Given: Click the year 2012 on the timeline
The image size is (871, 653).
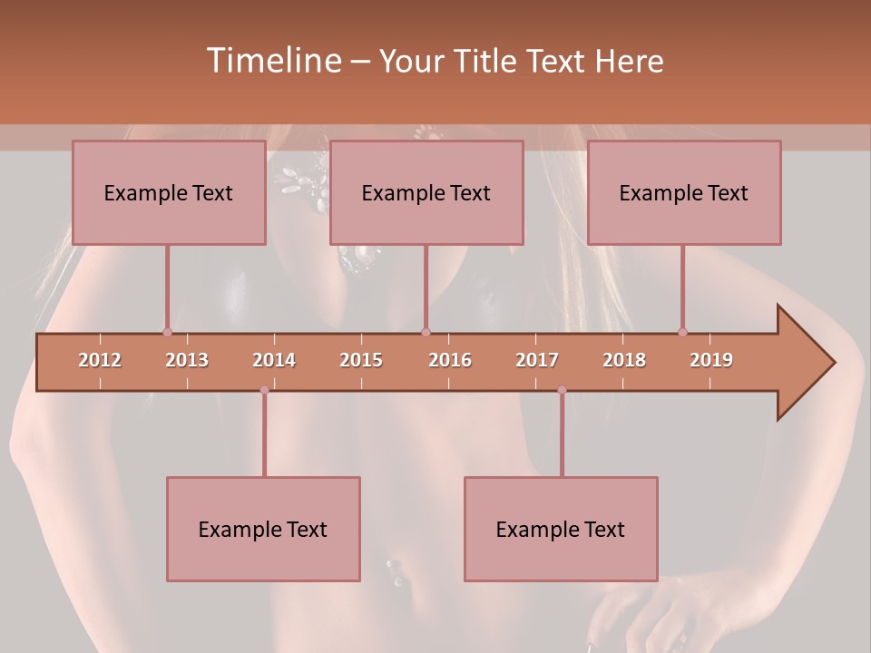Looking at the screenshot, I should pos(100,360).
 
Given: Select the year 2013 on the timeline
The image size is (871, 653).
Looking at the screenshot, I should pos(187,360).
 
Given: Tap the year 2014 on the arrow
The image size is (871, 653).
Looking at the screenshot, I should pos(274,360).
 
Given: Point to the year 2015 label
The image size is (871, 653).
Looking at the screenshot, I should pos(361,360).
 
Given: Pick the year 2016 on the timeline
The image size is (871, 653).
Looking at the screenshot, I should pos(450,360).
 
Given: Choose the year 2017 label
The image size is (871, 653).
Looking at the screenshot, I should pos(537,360).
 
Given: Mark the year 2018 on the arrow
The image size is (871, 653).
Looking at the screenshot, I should pos(624,360).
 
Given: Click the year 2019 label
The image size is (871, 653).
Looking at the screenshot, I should pos(711,360).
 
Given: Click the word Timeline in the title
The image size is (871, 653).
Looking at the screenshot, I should pos(271,61).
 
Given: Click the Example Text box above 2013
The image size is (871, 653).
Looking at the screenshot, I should pos(169,192).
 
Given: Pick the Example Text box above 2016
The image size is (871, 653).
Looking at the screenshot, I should pos(426,192).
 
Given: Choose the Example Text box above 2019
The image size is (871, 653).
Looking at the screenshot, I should pos(684,192).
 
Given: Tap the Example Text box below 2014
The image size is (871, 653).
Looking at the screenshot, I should pos(263,529).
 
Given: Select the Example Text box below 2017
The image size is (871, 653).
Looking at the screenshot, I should pos(561,529).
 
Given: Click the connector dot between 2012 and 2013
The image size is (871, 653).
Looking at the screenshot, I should pos(167,333).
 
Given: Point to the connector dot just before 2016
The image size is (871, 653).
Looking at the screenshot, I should pos(426,333).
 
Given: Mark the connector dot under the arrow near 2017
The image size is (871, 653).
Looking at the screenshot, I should pos(562,390).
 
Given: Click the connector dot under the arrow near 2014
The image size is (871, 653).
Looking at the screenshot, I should pos(264,390).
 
